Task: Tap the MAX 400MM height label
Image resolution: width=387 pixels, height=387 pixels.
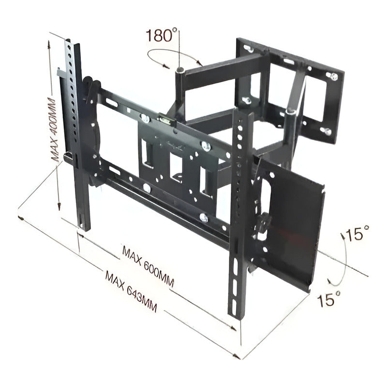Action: [54, 129]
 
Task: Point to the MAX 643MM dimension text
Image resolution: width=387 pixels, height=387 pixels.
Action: [131, 292]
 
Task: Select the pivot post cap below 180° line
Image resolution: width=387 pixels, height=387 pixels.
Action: [180, 70]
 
